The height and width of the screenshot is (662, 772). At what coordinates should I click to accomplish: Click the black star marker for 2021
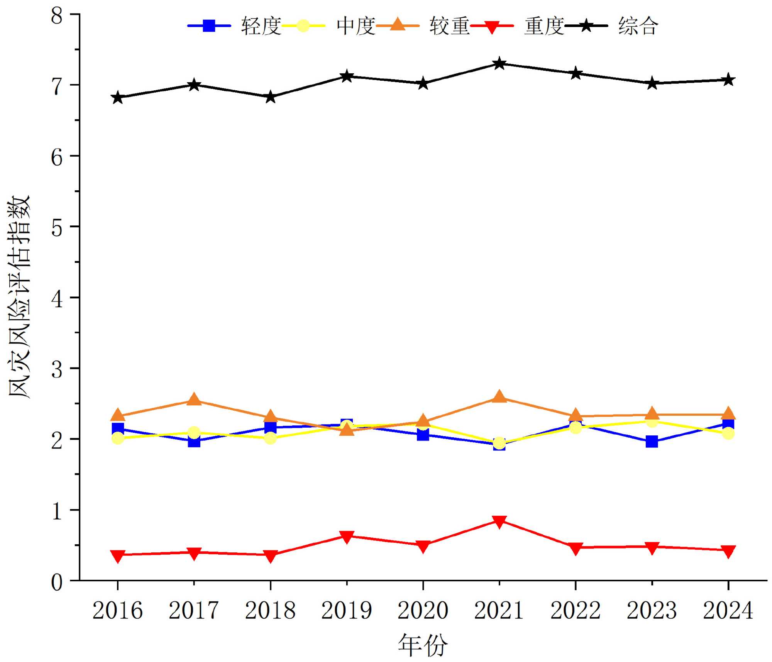coord(499,63)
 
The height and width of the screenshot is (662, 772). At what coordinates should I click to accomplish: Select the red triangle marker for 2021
coord(499,521)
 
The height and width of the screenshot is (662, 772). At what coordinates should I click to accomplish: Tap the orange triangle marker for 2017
coord(194,400)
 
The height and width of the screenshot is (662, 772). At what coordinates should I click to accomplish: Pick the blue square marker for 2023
coord(652,441)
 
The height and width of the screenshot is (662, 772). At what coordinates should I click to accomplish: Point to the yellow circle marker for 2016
coord(118,438)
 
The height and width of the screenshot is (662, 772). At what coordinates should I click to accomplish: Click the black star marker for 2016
coord(118,97)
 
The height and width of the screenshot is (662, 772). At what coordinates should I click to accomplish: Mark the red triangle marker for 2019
coord(347,537)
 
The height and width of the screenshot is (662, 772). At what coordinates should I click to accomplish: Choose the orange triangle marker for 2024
coord(728,414)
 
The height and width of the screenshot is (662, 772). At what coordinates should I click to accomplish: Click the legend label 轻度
coord(261,26)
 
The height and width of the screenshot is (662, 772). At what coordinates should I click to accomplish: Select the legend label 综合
coord(638,26)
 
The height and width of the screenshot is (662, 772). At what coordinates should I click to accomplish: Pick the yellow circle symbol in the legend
coord(303,26)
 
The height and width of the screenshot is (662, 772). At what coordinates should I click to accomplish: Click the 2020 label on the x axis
coord(423,611)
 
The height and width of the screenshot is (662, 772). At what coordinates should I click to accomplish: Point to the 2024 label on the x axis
coord(728,611)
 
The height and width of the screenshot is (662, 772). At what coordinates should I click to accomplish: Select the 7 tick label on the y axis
coord(57,86)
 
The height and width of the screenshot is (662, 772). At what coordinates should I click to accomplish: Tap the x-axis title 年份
coord(423,645)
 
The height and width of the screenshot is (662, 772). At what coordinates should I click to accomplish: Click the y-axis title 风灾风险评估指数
coord(19,297)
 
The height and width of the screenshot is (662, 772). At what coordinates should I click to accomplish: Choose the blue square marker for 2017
coord(194,441)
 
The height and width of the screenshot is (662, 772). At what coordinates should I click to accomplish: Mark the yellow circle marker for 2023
coord(652,421)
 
